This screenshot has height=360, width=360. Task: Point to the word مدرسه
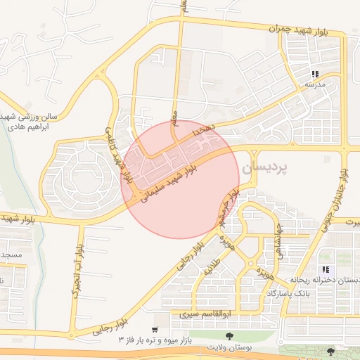pos(314,84)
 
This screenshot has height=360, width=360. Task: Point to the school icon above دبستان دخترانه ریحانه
pos(324,269)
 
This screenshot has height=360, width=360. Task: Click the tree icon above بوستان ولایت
pos(229,336)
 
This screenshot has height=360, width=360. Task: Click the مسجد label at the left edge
pos(11,253)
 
